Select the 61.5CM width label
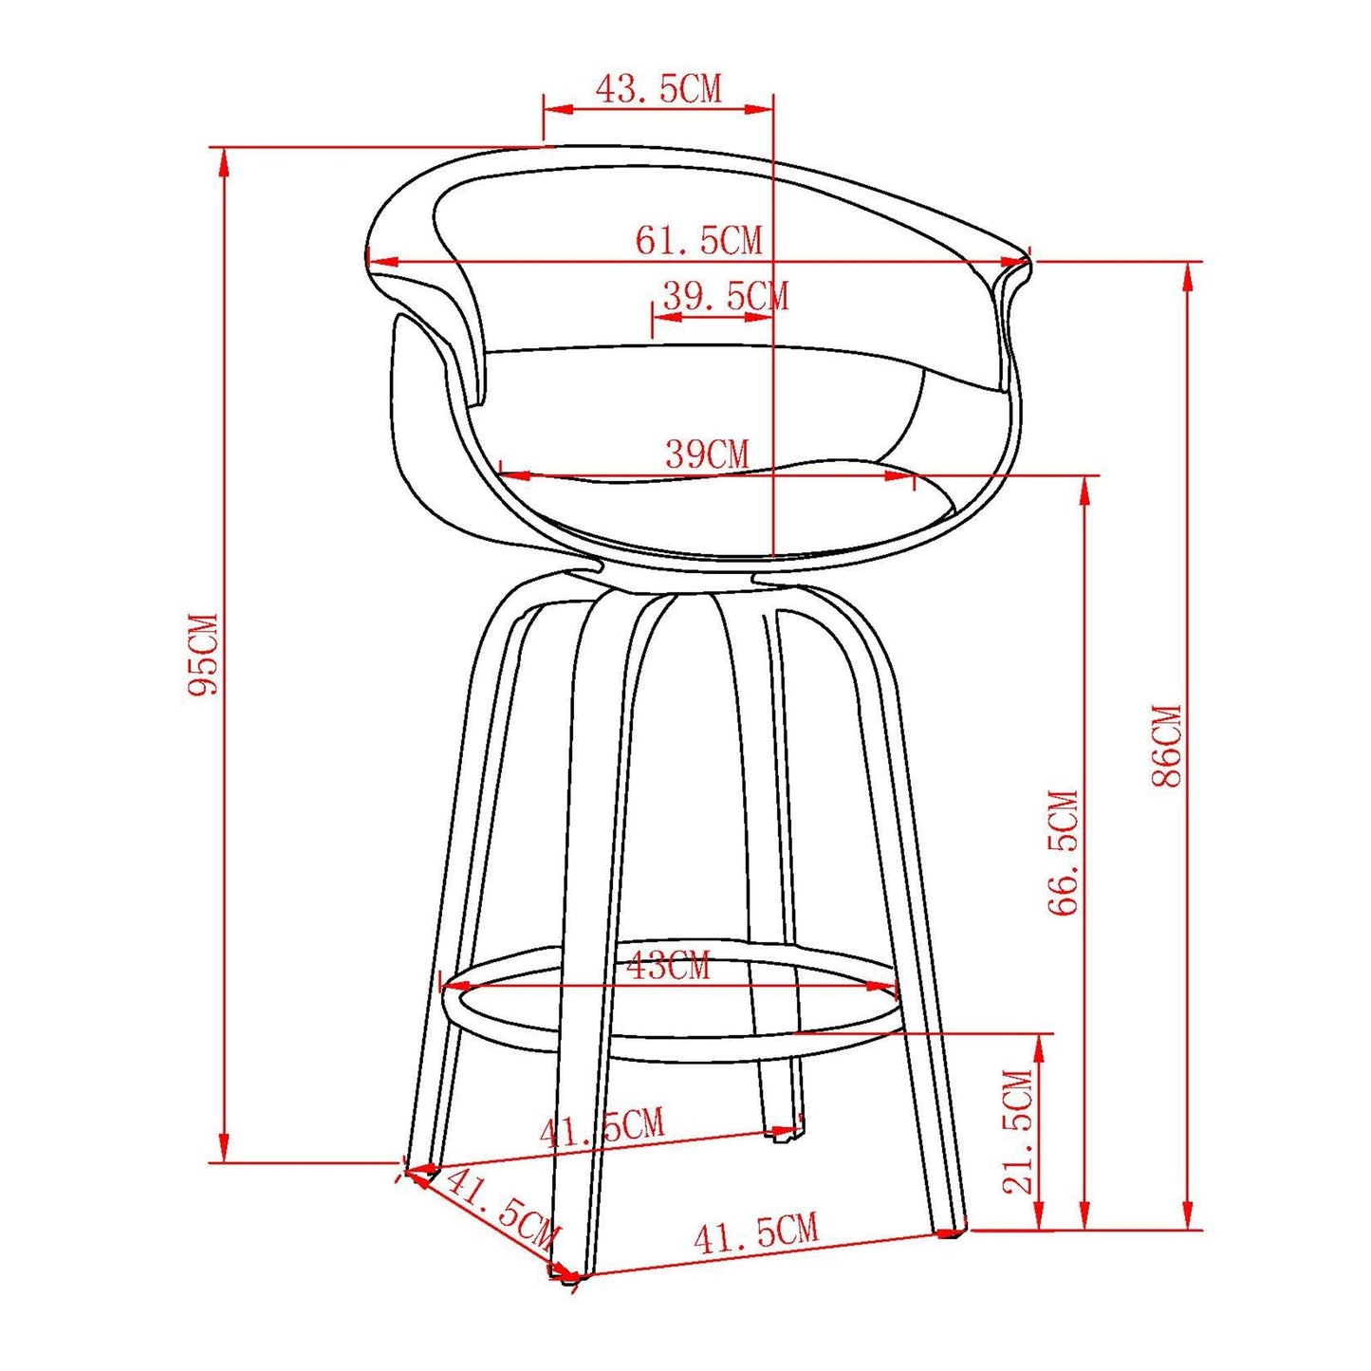698,240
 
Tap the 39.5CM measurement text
725,296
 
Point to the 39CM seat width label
707,454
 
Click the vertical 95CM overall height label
202,655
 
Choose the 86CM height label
1166,746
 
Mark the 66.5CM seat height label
1064,852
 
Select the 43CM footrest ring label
668,967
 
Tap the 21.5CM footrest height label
1017,1131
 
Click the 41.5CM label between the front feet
755,1233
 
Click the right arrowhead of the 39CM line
899,474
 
